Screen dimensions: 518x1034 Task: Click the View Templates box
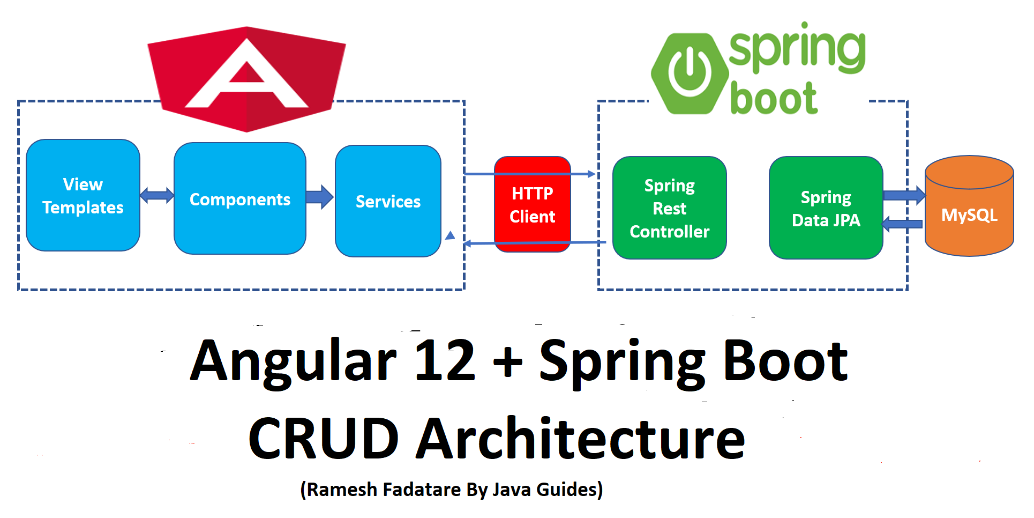pos(83,196)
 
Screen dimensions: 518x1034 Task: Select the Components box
pos(239,199)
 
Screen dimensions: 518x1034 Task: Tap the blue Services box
pos(388,201)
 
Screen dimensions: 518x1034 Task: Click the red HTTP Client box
pos(532,205)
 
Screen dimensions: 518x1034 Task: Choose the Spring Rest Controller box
pos(669,208)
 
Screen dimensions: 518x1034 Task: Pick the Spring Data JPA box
pos(826,208)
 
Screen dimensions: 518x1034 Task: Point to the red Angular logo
pos(246,78)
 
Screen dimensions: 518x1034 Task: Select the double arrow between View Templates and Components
pos(156,195)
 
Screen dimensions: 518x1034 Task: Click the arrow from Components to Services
pos(320,197)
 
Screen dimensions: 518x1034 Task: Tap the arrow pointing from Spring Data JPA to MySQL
pos(904,195)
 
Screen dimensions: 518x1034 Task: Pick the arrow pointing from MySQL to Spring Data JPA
pos(902,224)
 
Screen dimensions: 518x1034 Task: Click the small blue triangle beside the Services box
pos(450,235)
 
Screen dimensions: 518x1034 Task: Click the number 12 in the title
pos(445,360)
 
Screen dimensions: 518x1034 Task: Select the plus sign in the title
pos(507,361)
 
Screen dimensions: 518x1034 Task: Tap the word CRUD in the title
pos(324,439)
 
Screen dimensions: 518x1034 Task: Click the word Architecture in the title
pos(581,439)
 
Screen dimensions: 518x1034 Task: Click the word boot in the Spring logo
pos(774,99)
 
